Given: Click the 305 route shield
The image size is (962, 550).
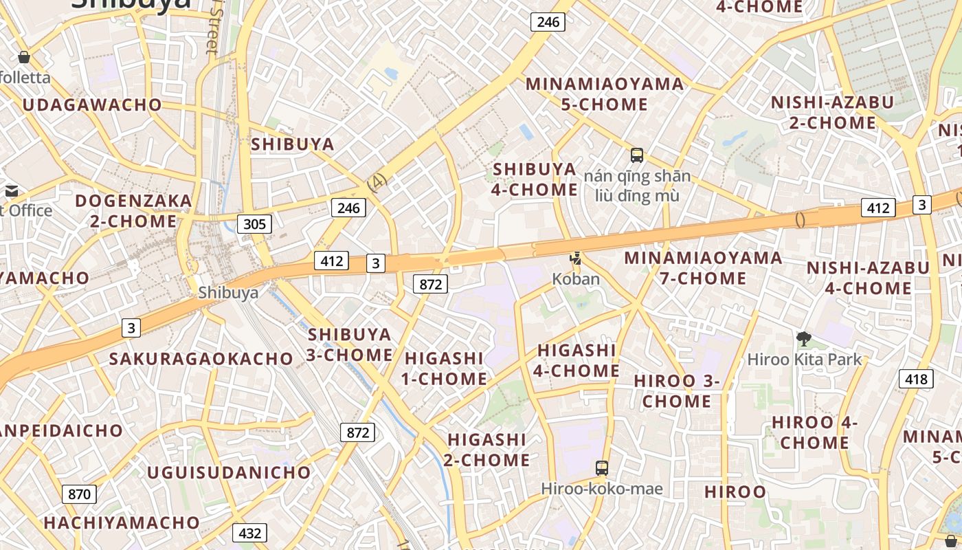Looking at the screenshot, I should coord(254,223).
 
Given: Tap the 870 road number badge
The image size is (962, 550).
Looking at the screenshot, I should coord(79,494).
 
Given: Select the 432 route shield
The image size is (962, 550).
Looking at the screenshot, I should coord(249,533).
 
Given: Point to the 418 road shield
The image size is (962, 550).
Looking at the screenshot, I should coord(916,378).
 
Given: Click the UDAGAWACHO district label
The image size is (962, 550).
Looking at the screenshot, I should coord(92,105).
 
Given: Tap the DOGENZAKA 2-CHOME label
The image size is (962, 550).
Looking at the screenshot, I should coord(133,211).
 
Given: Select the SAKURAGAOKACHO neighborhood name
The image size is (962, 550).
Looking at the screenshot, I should coord(201,359).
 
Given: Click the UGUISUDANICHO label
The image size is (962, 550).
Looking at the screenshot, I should coord(229,472).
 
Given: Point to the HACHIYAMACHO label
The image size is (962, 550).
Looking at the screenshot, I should coord(122,522).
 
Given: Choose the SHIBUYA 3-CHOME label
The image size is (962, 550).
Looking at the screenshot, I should coord(350,344).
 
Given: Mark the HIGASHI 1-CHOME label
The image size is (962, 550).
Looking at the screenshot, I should coord(445,368).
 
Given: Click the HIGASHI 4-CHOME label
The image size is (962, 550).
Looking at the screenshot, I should coord(577,360).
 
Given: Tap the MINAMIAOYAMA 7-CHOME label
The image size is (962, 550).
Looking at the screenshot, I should coord(703,268).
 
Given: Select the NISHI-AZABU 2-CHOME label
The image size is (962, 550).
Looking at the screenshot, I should coord(832,113).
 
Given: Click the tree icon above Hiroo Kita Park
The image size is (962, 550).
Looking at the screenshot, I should coord(803,338).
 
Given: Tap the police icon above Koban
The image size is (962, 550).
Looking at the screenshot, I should coord(576,258).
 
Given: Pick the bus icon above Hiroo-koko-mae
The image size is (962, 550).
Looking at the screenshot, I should coord(602,468).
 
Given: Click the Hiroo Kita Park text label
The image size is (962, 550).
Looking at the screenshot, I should coord(804,359).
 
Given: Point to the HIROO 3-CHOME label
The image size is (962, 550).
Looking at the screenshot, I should coord(677,390).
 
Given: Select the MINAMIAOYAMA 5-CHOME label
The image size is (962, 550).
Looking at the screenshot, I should coord(605,94).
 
